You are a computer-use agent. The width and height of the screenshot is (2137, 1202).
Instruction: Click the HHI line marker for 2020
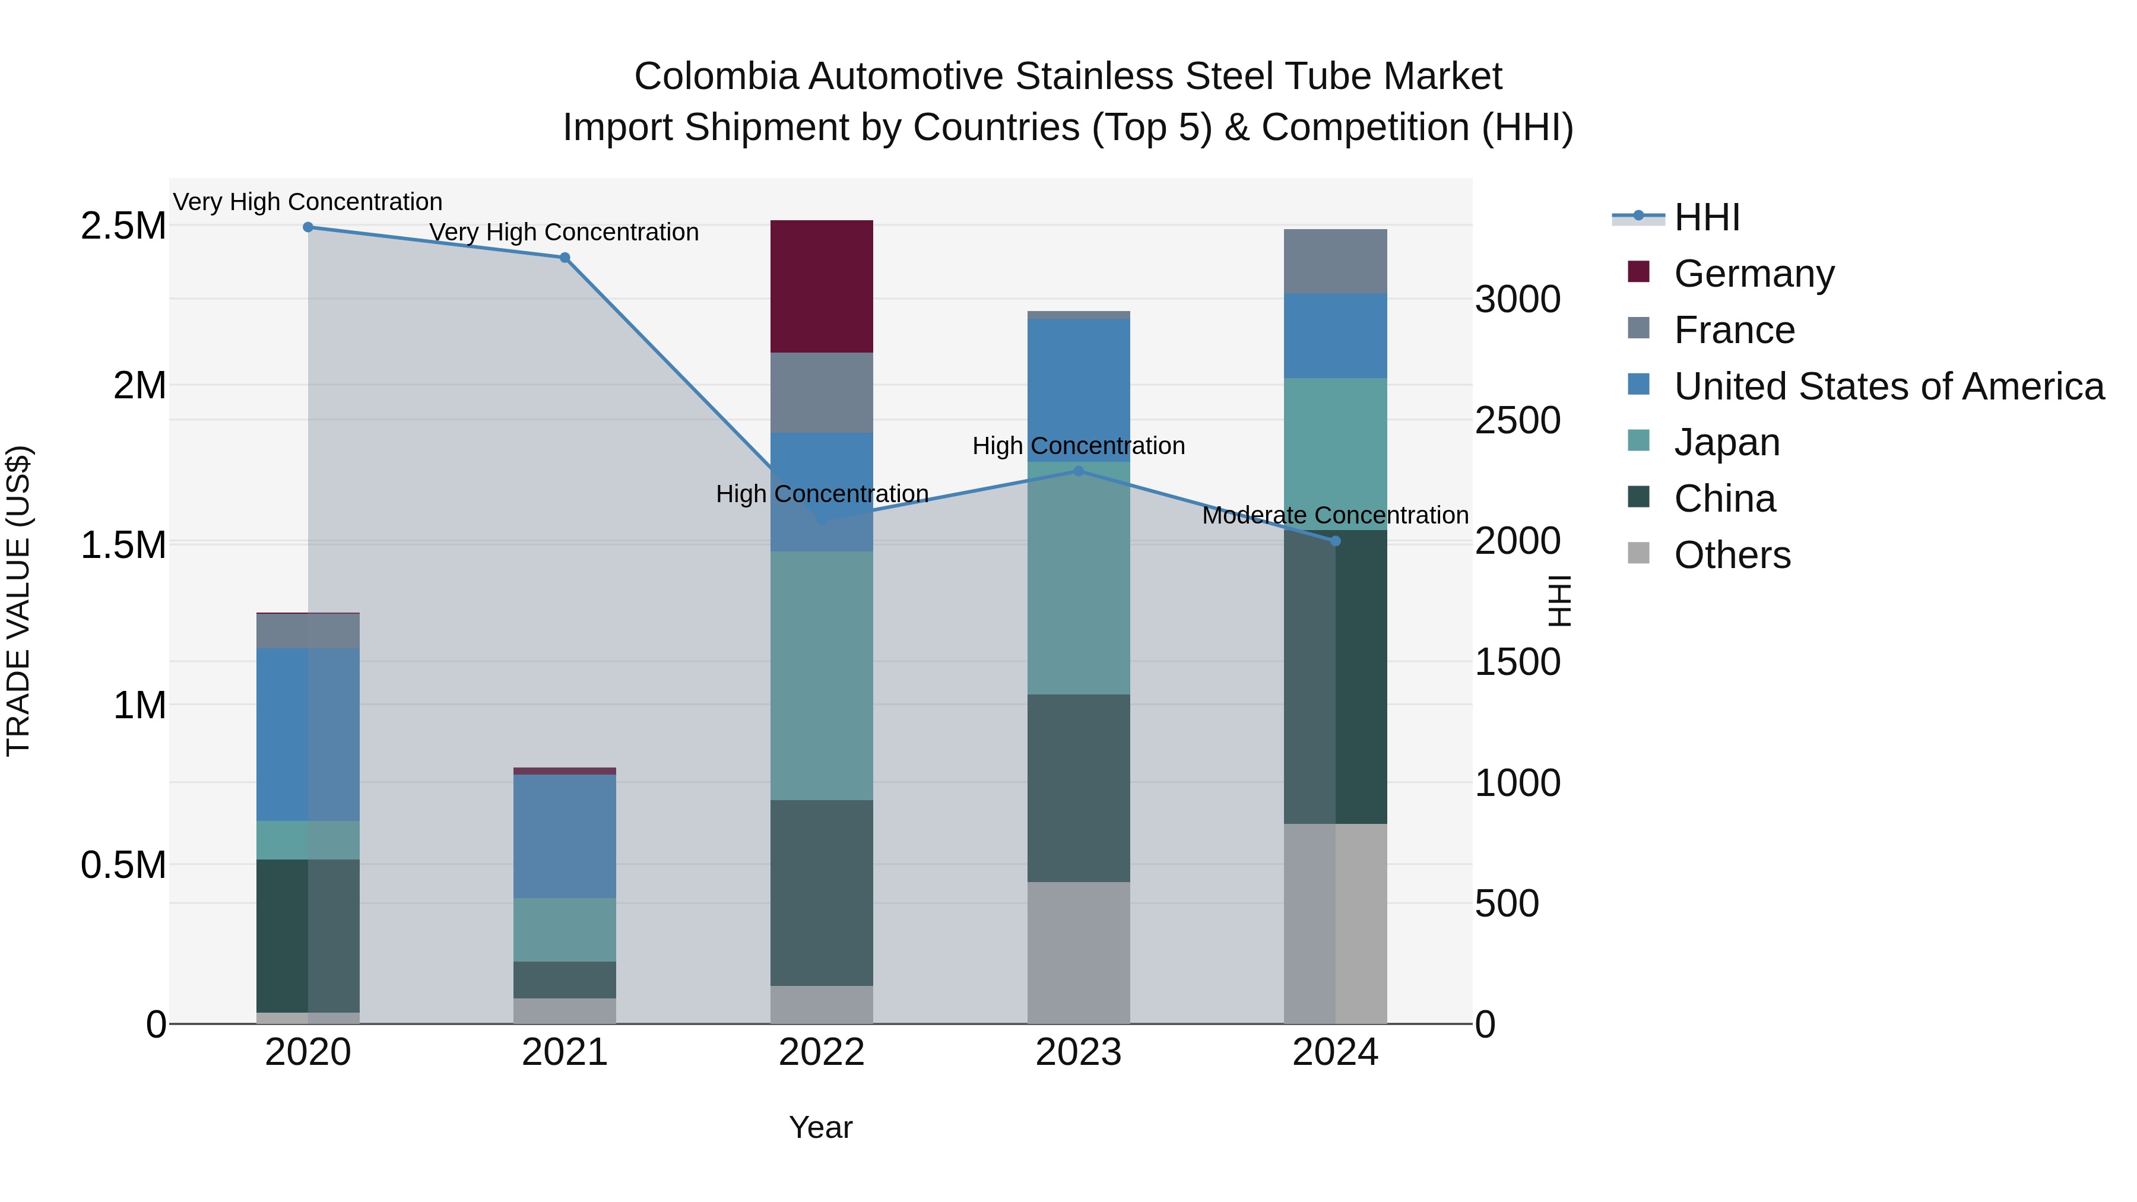point(307,227)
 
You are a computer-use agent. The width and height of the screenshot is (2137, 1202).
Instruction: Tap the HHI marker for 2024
point(1336,541)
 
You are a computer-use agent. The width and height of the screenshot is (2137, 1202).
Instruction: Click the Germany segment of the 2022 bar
point(822,286)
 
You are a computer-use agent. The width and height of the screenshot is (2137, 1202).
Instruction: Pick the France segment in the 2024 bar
point(1336,261)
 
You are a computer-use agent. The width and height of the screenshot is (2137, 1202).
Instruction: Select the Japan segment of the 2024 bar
point(1336,453)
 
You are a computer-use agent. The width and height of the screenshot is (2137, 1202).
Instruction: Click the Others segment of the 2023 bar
point(1079,952)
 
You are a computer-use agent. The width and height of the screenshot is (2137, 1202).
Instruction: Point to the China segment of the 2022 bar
point(822,893)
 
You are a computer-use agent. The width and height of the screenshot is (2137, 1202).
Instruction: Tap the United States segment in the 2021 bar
point(565,836)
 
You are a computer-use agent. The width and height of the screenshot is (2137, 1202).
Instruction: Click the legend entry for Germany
point(1754,274)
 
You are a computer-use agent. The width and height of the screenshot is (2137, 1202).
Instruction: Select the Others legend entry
point(1732,555)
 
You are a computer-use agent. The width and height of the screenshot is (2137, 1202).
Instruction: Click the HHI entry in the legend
point(1707,217)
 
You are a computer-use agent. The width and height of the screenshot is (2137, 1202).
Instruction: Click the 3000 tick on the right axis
point(1517,300)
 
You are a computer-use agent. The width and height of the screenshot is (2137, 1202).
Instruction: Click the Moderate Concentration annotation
point(1336,515)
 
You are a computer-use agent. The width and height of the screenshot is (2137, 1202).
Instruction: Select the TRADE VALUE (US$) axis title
point(18,601)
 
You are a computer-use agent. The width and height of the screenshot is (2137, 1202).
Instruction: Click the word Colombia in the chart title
point(716,77)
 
